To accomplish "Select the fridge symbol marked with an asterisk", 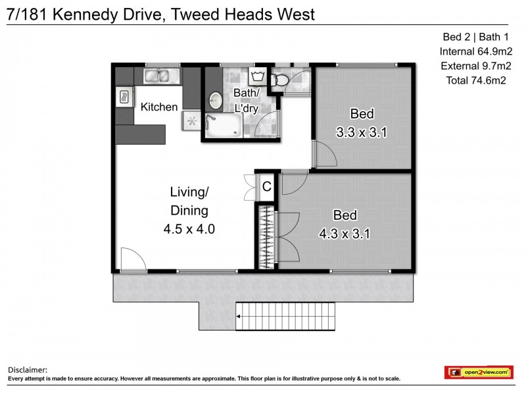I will point(192,120).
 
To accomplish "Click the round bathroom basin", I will point(216,101).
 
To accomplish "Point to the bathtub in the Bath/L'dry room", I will point(224,126).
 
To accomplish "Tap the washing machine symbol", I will point(256,76).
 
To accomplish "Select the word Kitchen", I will point(159,107).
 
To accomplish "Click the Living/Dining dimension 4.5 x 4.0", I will point(189,230).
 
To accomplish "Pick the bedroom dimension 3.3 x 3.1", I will point(362,132).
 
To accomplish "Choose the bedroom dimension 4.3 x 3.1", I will point(345,233).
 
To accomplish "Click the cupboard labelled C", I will point(266,187).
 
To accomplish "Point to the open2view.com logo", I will point(478,373).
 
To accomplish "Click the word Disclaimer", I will point(27,371).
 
